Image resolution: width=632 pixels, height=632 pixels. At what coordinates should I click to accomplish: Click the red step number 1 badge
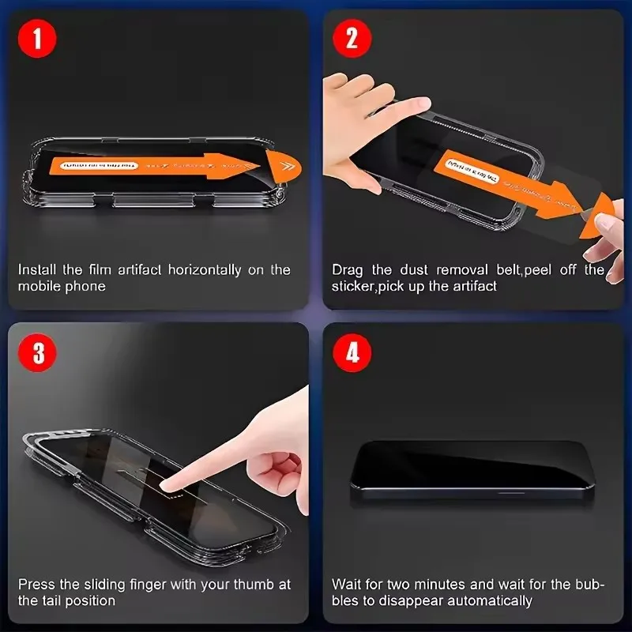tap(39, 39)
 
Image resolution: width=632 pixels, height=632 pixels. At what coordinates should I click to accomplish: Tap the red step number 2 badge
tap(352, 39)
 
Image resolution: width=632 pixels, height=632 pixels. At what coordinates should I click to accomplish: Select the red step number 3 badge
tap(39, 352)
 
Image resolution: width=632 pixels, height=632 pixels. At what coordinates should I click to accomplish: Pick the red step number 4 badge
tap(352, 352)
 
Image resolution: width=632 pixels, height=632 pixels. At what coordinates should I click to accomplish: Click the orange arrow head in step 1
tap(280, 165)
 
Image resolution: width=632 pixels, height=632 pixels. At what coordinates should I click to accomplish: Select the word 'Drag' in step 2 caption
tap(347, 269)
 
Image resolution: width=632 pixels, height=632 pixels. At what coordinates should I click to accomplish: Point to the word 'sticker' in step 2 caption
tap(352, 286)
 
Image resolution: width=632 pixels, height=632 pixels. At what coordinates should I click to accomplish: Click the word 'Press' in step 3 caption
tap(36, 585)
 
